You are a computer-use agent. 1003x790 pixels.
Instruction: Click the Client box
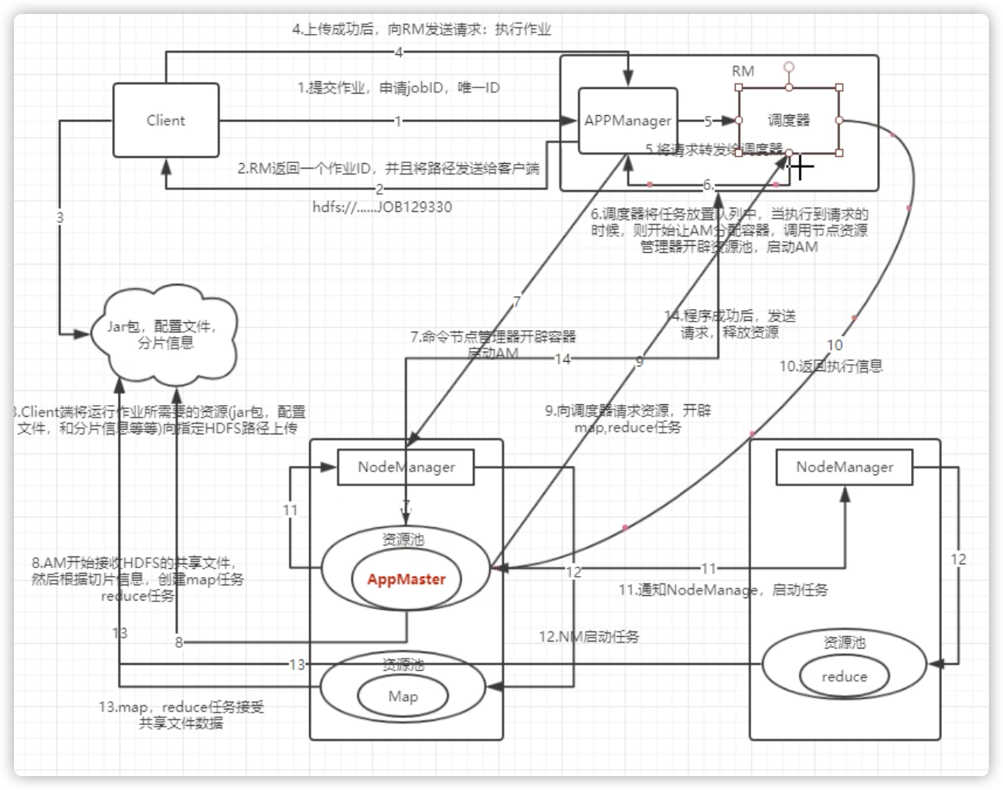(165, 121)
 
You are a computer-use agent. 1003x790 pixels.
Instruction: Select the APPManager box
(627, 121)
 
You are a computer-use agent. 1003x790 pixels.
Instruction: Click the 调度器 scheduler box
(788, 121)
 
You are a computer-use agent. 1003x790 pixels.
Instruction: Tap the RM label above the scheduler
(743, 71)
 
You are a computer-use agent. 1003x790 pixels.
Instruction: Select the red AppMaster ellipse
(406, 579)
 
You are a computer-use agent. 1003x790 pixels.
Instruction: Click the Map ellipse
(403, 696)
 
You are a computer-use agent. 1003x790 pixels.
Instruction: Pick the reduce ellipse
(844, 676)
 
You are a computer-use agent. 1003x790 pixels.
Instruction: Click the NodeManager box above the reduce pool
(845, 467)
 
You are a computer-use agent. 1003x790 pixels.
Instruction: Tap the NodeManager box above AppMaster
(406, 467)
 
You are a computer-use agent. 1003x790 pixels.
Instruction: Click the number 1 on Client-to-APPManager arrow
(398, 121)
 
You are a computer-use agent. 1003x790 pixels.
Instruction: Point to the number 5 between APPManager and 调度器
(708, 121)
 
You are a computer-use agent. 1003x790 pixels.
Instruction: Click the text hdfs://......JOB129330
(382, 207)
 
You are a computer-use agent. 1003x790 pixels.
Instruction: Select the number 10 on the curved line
(835, 345)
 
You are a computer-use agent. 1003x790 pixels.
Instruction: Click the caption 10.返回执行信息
(831, 366)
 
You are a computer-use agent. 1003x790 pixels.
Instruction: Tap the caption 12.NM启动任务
(589, 637)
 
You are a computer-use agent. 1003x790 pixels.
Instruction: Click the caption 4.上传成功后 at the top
(421, 30)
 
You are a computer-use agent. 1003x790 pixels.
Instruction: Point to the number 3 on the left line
(60, 218)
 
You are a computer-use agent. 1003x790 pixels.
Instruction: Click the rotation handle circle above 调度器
(788, 67)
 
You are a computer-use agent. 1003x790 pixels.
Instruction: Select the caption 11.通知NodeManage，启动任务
(722, 590)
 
